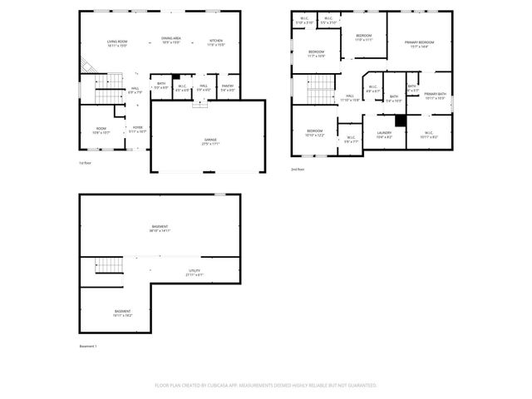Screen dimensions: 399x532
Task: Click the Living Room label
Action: (116, 41)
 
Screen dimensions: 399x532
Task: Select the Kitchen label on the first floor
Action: (216, 41)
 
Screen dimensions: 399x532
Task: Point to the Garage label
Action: (209, 140)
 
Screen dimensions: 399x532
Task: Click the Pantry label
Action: (228, 86)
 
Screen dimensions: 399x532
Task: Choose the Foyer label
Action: (137, 127)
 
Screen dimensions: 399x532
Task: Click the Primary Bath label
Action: (436, 94)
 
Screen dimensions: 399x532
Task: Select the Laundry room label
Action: (383, 132)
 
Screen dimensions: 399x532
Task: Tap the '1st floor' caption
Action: (85, 164)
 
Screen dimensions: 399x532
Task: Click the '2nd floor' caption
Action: (298, 170)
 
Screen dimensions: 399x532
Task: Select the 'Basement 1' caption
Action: (88, 346)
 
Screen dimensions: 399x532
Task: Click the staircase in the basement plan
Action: (110, 266)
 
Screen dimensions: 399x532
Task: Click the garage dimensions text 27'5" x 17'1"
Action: (209, 144)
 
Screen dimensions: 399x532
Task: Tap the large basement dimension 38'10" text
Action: (159, 230)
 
